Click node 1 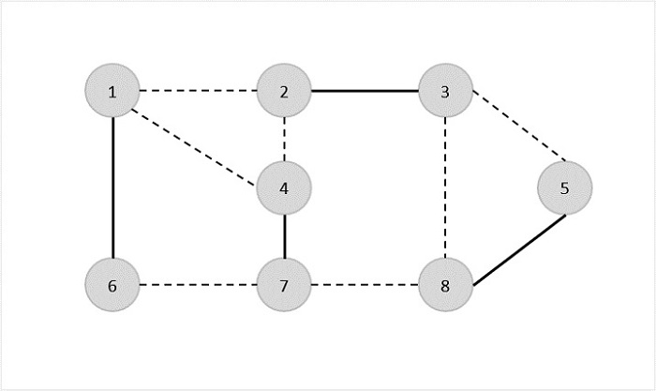click(x=112, y=91)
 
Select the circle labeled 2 click(x=284, y=91)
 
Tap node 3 click(x=445, y=91)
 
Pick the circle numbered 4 click(x=284, y=188)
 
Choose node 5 click(x=564, y=188)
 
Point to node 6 click(x=112, y=285)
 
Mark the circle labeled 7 click(x=284, y=285)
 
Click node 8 click(x=445, y=285)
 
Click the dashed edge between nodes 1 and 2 click(x=198, y=91)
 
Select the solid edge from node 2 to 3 click(x=365, y=91)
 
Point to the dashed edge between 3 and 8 click(x=445, y=188)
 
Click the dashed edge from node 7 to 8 click(x=365, y=285)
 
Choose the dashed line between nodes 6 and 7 click(x=198, y=285)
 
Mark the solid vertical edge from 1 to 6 click(x=112, y=188)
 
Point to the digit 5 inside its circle click(x=564, y=188)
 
